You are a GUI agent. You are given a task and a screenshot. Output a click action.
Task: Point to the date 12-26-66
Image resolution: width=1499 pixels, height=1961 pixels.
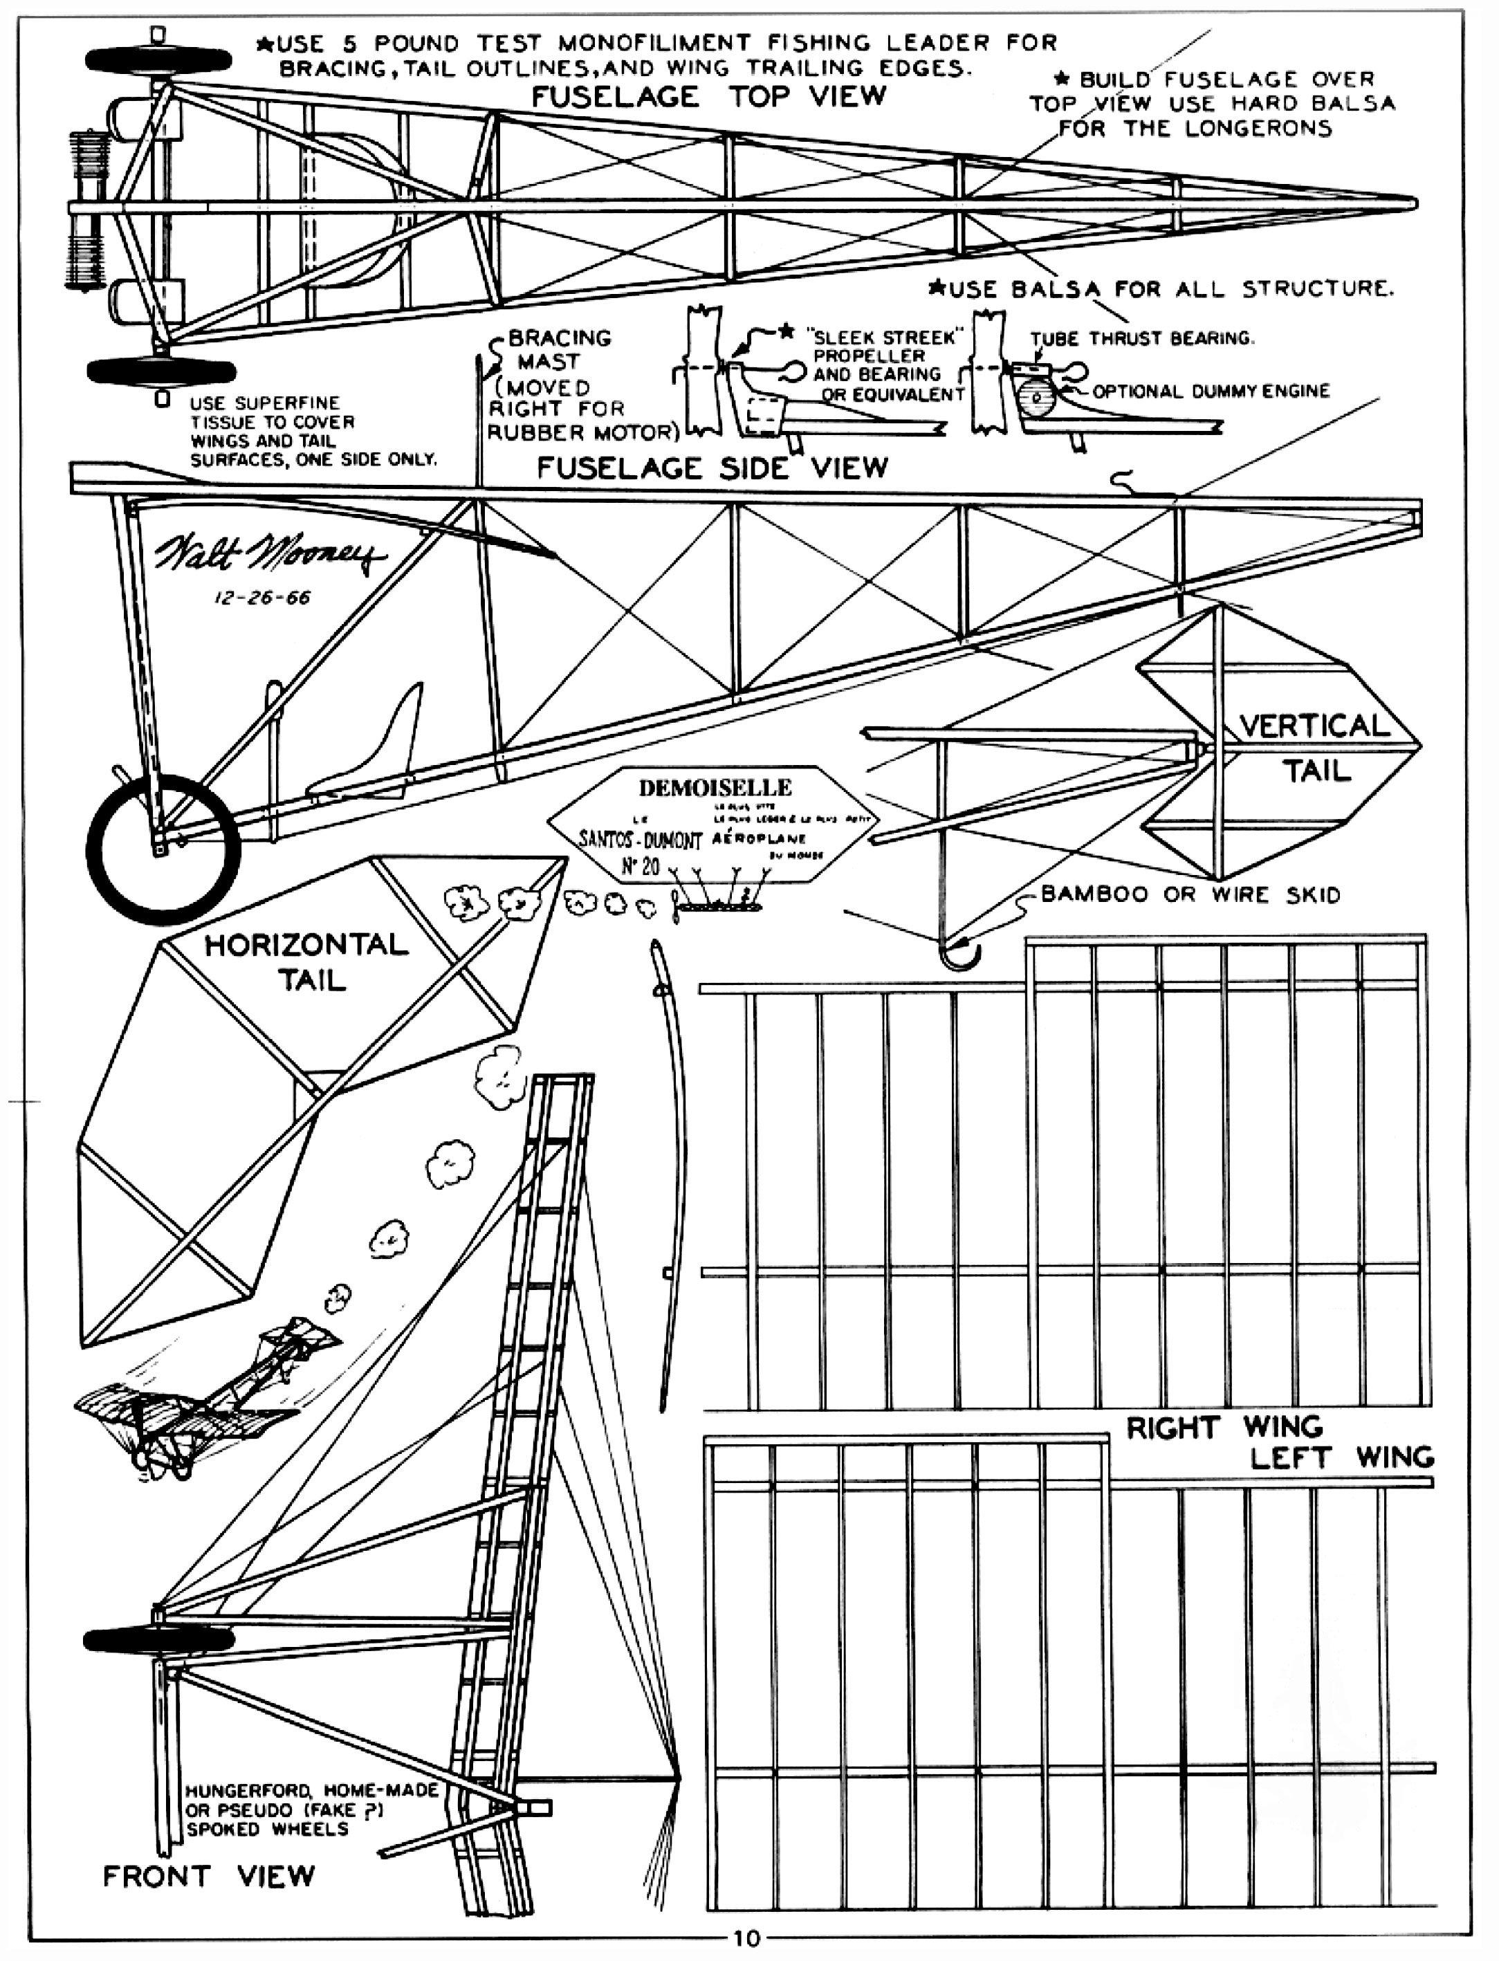click(x=262, y=598)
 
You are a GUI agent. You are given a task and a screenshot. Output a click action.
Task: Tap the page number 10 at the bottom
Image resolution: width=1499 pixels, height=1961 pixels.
click(x=746, y=1937)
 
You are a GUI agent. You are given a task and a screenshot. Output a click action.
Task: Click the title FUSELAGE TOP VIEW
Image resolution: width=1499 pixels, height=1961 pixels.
click(x=708, y=96)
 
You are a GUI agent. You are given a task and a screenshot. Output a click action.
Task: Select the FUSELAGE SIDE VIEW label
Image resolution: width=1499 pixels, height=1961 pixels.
click(x=712, y=468)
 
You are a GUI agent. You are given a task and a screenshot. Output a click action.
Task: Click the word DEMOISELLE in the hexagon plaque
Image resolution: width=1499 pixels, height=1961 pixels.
click(x=715, y=788)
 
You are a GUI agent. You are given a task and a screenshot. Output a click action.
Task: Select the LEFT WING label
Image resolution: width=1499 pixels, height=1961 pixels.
click(x=1341, y=1458)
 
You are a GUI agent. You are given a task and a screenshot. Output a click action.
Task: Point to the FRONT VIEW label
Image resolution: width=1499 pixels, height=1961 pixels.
click(x=209, y=1875)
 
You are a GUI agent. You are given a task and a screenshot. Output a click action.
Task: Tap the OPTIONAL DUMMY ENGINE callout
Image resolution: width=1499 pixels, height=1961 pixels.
click(x=1211, y=391)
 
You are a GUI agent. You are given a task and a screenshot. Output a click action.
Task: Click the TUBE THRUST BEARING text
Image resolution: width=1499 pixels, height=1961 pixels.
click(x=1142, y=338)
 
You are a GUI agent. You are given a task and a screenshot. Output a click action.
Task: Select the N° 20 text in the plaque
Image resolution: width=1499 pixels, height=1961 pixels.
click(x=639, y=865)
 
